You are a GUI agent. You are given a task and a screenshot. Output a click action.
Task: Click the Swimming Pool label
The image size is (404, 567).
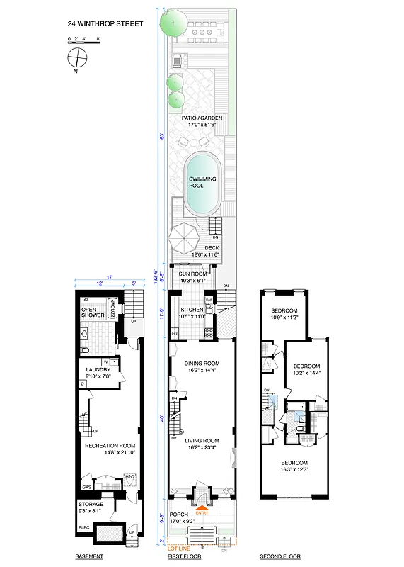[196, 182]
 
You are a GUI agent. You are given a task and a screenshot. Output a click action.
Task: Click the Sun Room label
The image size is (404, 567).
[192, 274]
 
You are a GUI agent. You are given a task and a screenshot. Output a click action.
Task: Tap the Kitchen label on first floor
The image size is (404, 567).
[192, 310]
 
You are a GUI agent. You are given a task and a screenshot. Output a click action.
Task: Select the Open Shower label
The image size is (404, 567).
[92, 313]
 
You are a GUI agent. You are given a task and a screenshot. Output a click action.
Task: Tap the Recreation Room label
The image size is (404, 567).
[105, 446]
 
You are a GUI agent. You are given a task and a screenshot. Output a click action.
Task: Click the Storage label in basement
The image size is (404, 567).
[89, 505]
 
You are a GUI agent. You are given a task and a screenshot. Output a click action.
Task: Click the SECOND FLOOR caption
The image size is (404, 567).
[280, 556]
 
